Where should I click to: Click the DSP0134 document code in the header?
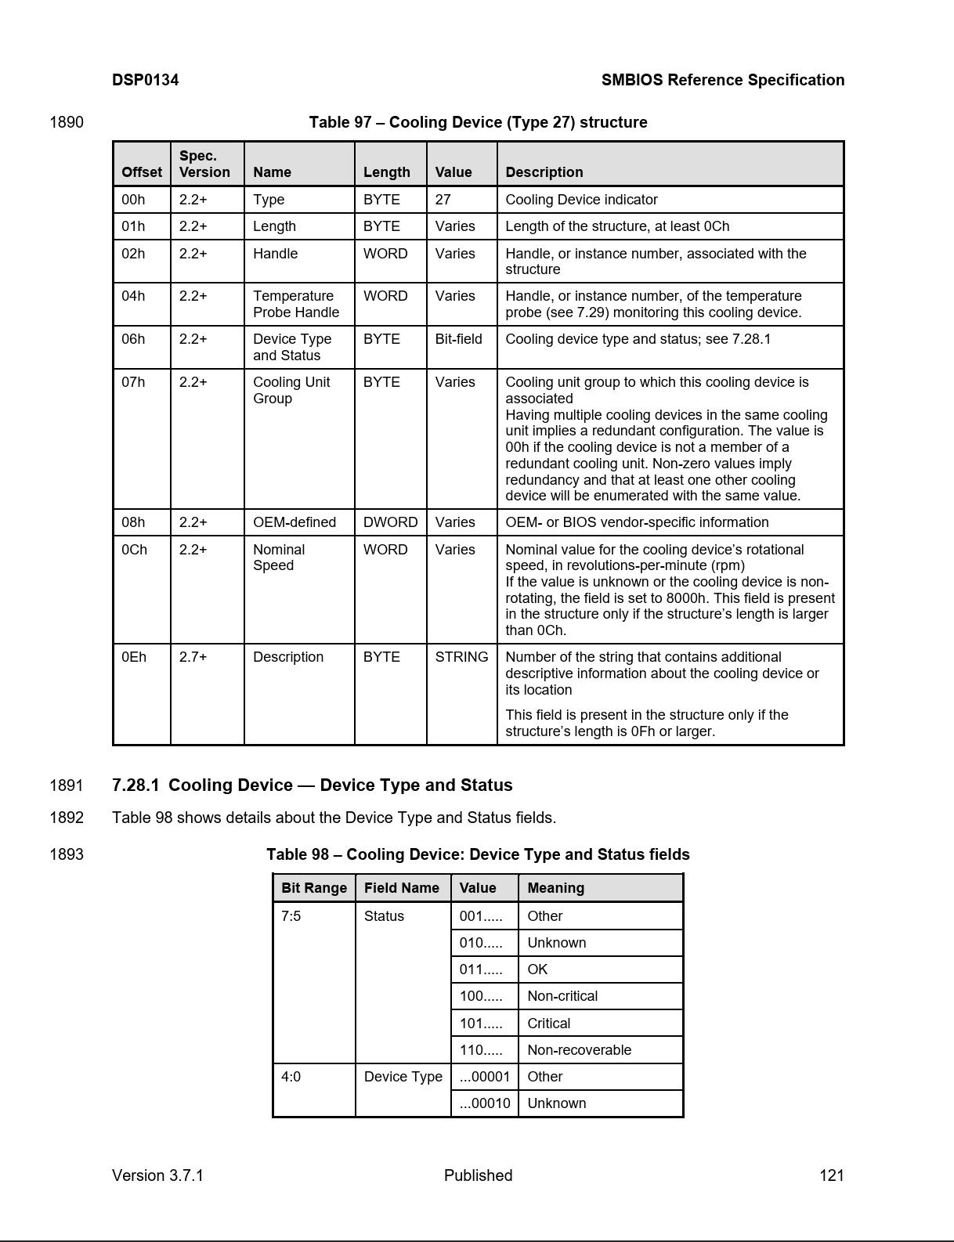(x=145, y=80)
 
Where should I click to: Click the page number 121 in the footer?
(x=831, y=1175)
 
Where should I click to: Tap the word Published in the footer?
(x=478, y=1175)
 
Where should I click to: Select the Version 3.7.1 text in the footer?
(x=157, y=1175)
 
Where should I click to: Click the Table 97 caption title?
(x=478, y=122)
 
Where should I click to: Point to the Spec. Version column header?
(x=204, y=164)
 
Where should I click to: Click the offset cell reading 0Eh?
(x=134, y=657)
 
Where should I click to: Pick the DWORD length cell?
(x=390, y=522)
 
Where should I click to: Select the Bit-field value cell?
(x=458, y=339)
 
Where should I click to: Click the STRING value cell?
(x=461, y=657)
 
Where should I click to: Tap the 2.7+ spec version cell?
(x=193, y=657)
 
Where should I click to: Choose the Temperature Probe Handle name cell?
(x=296, y=304)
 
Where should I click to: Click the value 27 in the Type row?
(x=443, y=200)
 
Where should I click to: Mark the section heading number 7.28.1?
(x=136, y=785)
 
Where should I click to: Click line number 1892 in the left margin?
(x=67, y=818)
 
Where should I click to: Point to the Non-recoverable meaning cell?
(x=579, y=1049)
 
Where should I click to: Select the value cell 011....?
(x=480, y=969)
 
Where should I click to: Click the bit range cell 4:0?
(x=291, y=1077)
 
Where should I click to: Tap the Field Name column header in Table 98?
(x=401, y=888)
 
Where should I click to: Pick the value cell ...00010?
(x=484, y=1103)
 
